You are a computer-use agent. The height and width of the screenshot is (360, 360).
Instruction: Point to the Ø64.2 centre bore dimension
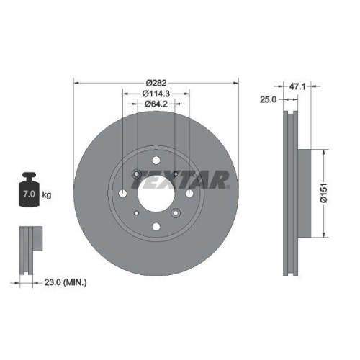[x=156, y=104]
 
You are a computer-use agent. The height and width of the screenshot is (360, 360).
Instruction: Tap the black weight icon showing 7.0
[x=30, y=192]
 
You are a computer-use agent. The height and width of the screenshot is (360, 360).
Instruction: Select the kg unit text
[x=46, y=195]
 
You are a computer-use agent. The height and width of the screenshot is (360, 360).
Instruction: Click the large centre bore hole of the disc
[x=156, y=192]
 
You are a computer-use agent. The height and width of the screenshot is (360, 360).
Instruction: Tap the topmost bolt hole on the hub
[x=156, y=160]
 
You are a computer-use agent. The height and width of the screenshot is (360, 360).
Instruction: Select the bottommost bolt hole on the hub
[x=156, y=225]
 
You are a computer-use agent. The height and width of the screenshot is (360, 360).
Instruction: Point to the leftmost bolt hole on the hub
[x=124, y=192]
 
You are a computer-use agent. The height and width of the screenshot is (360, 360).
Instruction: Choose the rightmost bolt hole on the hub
[x=189, y=192]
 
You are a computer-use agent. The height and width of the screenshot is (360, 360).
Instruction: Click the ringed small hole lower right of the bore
[x=175, y=212]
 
